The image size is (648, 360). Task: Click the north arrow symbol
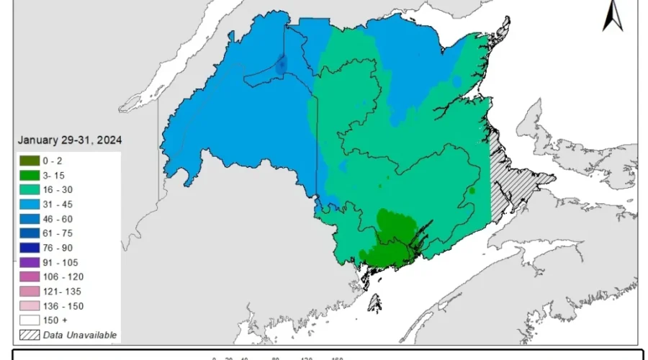(613, 16)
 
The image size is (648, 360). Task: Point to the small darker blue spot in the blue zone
(282, 65)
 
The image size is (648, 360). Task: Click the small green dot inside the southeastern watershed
(472, 190)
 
